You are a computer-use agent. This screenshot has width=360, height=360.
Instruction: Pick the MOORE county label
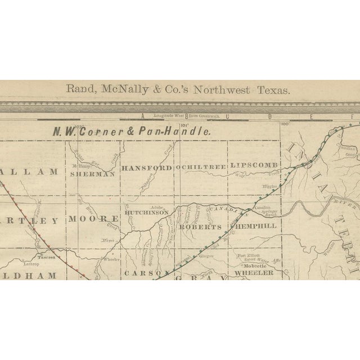(94, 218)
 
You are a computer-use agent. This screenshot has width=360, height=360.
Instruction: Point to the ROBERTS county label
(201, 227)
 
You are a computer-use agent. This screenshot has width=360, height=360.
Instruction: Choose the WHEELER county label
(253, 272)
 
